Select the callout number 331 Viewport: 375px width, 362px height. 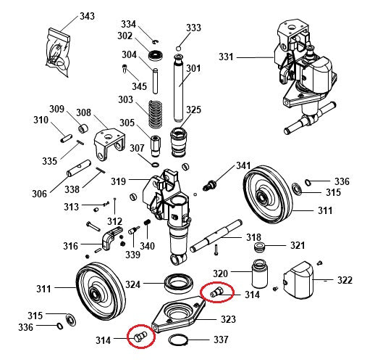tap(227, 57)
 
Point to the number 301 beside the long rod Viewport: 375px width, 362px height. tap(193, 69)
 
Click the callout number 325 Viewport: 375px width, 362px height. tap(193, 110)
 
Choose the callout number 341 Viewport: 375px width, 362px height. tap(243, 166)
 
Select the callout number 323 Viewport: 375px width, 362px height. tap(227, 318)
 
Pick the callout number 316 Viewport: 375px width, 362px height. tap(70, 247)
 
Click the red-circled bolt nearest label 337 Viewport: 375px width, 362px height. tap(139, 337)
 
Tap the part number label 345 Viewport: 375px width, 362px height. tap(139, 86)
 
